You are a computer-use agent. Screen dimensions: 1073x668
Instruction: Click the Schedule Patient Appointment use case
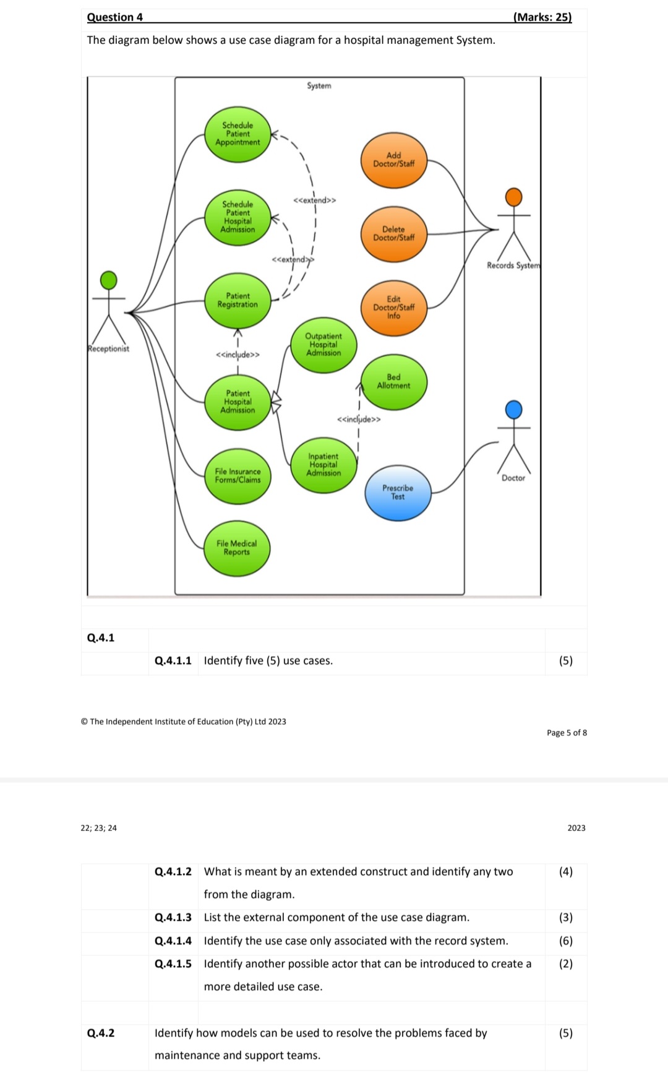coord(238,134)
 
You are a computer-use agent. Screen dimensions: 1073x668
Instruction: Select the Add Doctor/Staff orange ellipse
coord(394,160)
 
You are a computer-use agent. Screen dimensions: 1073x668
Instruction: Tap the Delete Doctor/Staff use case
coord(394,234)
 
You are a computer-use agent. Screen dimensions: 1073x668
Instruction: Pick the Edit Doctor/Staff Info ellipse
coord(394,308)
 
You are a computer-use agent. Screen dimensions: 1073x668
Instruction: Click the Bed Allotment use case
coord(394,382)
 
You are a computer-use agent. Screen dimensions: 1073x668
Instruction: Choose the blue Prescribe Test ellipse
coord(398,493)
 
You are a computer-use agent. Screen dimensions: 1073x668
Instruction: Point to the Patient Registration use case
coord(238,301)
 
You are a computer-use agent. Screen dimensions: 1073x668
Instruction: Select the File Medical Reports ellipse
coord(237,548)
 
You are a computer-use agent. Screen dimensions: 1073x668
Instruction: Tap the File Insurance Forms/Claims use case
coord(238,476)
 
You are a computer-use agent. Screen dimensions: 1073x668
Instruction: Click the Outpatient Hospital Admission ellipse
coord(323,345)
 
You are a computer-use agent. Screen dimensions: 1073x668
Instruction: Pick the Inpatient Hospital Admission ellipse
coord(323,465)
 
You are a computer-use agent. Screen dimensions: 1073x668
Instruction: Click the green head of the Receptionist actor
coord(109,280)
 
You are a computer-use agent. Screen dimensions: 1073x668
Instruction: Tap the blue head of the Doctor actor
coord(513,409)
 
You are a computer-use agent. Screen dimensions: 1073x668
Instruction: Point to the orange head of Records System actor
coord(513,197)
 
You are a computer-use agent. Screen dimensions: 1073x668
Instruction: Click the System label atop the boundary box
coord(319,86)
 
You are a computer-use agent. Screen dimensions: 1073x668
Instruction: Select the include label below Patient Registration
coord(238,355)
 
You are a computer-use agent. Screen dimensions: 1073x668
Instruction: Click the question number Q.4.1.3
coord(173,917)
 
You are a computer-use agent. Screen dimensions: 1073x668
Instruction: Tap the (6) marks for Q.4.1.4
coord(565,941)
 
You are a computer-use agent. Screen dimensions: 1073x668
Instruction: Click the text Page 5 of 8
coord(567,733)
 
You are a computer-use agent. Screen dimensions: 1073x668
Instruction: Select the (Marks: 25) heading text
coord(542,17)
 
